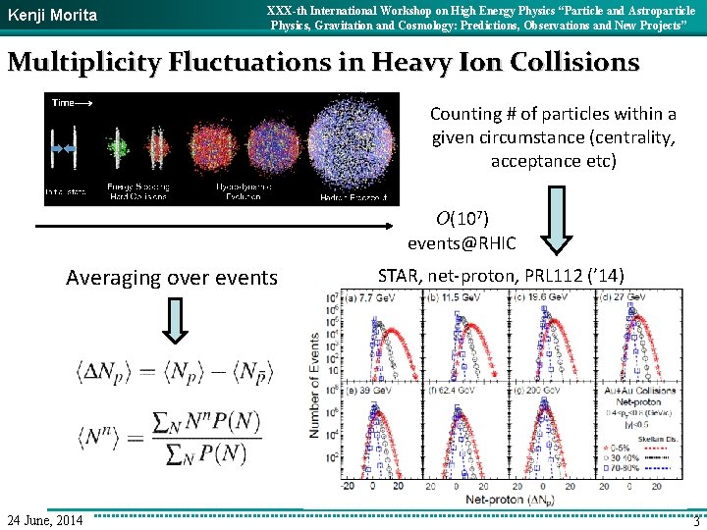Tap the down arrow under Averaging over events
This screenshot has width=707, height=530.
click(x=173, y=321)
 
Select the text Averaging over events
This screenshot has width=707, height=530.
click(x=172, y=278)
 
